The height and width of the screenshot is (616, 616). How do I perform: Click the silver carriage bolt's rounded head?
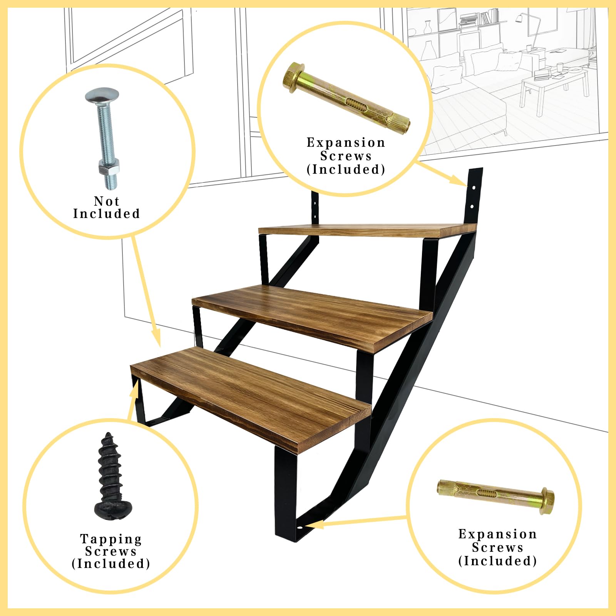pyautogui.click(x=102, y=96)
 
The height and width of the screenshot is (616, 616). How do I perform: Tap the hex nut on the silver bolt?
pyautogui.click(x=109, y=168)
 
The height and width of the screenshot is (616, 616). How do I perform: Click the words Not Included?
pyautogui.click(x=107, y=208)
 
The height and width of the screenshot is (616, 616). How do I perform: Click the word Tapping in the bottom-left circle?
pyautogui.click(x=111, y=539)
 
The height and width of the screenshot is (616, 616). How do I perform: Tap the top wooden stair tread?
pyautogui.click(x=366, y=230)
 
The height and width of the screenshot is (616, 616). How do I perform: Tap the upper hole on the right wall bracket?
pyautogui.click(x=474, y=188)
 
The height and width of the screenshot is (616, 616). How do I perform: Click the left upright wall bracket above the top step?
pyautogui.click(x=315, y=208)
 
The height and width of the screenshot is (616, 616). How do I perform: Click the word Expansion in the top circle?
pyautogui.click(x=345, y=143)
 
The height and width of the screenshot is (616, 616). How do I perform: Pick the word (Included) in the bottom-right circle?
pyautogui.click(x=497, y=561)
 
